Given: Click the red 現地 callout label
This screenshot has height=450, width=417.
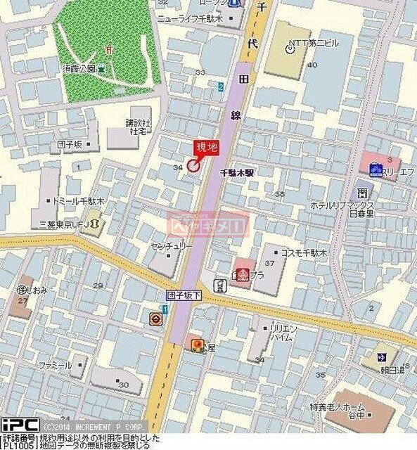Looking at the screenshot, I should (206, 147).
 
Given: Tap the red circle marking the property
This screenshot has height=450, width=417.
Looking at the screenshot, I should (193, 166).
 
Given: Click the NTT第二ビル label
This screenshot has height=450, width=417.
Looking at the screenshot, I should (314, 43).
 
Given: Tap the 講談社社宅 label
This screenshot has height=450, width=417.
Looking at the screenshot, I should (136, 127).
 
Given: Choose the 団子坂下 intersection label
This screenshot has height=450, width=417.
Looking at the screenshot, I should (184, 297).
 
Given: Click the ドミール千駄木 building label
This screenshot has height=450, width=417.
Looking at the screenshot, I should (79, 201).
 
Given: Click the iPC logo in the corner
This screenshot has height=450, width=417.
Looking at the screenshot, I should (20, 425).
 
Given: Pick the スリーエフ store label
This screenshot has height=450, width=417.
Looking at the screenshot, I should (397, 169).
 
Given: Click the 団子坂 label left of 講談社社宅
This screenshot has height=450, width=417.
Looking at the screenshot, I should (70, 145).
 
